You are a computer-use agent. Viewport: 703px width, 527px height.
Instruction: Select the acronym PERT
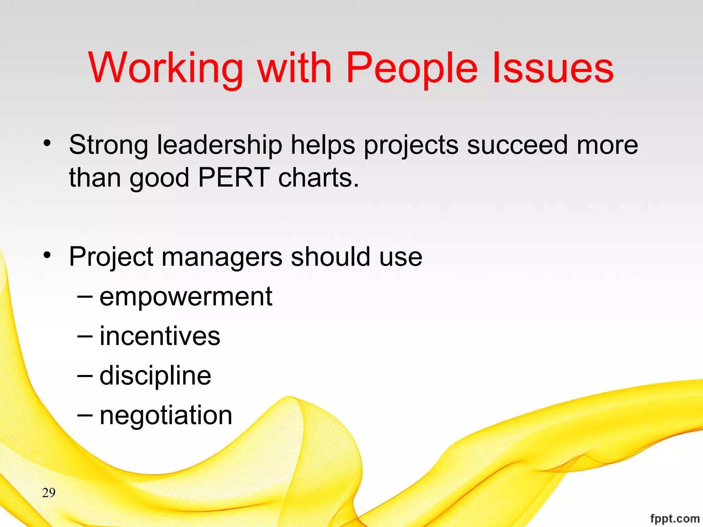click(234, 178)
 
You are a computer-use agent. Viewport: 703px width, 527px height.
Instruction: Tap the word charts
click(318, 178)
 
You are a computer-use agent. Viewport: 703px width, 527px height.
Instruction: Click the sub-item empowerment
click(186, 297)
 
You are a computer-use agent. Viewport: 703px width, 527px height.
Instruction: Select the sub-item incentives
click(160, 336)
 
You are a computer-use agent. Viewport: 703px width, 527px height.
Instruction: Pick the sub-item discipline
click(155, 376)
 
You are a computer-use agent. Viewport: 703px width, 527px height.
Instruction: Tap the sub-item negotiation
click(166, 415)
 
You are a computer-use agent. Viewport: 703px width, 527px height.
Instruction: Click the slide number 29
click(49, 493)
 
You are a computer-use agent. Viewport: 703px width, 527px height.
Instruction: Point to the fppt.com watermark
click(675, 518)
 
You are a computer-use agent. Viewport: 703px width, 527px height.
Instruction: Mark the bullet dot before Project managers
click(47, 255)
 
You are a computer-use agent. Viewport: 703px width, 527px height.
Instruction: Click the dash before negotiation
click(85, 415)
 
